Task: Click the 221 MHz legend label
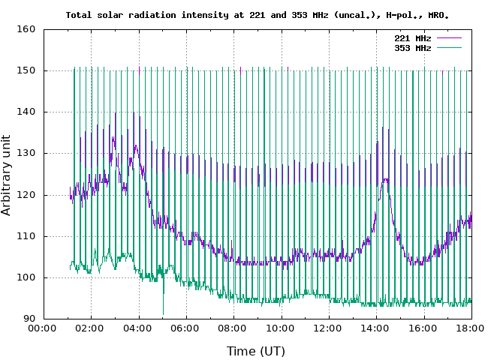(412, 37)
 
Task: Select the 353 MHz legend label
(412, 47)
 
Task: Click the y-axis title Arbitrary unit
(7, 175)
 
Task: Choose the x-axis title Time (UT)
(256, 350)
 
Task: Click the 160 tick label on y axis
(27, 30)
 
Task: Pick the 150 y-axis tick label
(27, 71)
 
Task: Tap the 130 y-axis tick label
(27, 154)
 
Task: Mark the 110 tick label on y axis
(27, 236)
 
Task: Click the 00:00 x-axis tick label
(44, 328)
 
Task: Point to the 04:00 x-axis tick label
(139, 328)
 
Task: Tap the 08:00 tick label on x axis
(233, 328)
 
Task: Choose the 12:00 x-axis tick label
(329, 328)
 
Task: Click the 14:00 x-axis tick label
(376, 328)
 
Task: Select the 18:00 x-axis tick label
(471, 328)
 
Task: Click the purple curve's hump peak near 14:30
(386, 180)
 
